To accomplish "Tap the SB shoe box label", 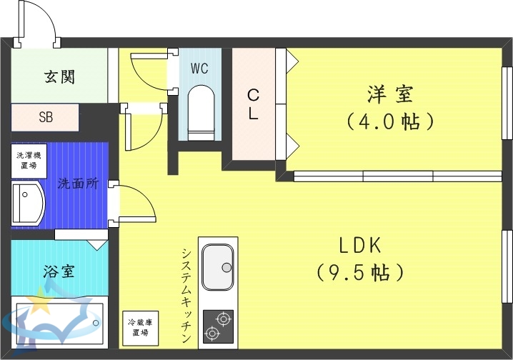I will (x=45, y=118).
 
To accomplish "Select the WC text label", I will (x=199, y=69).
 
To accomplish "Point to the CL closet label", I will (x=253, y=104).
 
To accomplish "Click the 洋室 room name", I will (x=390, y=94).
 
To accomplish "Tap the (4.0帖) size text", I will (x=390, y=121).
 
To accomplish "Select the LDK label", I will (x=361, y=246).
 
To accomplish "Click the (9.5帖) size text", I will (x=361, y=272).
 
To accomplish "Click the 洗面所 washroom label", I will (x=78, y=183).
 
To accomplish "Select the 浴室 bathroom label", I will (x=60, y=272).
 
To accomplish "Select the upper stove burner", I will (x=224, y=318).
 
